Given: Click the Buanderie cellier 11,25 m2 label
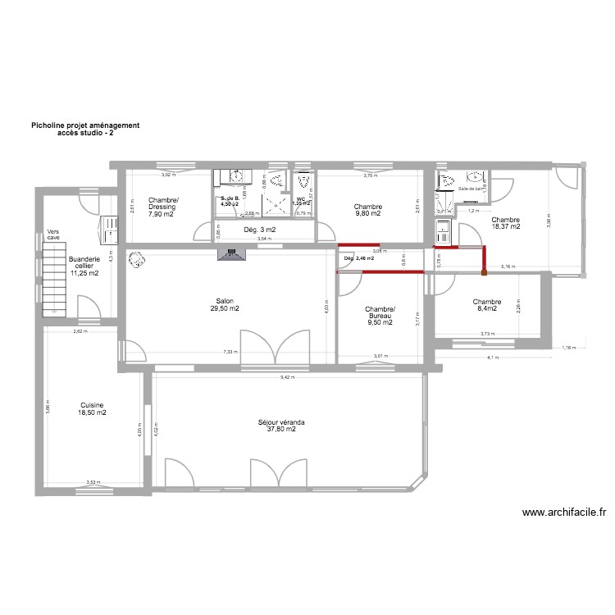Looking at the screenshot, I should pos(84,266).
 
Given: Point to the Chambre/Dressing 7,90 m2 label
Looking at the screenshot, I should pos(162,207).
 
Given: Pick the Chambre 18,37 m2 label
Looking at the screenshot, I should pos(505,222).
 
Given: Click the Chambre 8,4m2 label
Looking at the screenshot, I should pos(486,305).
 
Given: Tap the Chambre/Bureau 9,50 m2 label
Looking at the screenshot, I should pos(380,316).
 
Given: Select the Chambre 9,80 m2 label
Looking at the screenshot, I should pos(368,210).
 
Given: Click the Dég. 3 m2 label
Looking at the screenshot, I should pos(259,230).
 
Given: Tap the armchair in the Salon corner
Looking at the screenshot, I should pos(134,260).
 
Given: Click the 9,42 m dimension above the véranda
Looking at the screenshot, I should pos(287,378).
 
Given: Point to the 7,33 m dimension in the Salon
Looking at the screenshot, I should pos(231,353).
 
